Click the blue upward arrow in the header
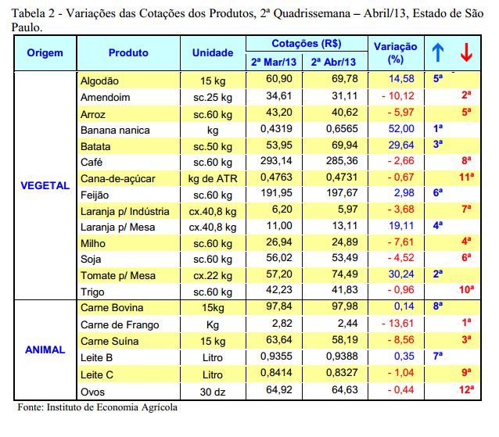coord(438,52)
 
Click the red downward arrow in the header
coord(466,52)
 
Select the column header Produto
coord(128,53)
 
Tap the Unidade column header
coord(213,53)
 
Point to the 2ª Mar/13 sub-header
coord(274,62)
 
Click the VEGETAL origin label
coord(45,185)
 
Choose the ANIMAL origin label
coord(45,349)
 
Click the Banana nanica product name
coord(115,130)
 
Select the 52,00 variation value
coord(401,128)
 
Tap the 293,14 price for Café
coord(276,160)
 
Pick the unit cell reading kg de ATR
coord(213,178)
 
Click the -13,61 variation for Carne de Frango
coord(398,323)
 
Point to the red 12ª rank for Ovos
coord(466,389)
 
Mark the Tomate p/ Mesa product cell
coord(118,275)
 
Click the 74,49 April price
coord(345,274)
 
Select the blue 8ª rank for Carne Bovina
coord(438,306)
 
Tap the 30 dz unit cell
coord(213,392)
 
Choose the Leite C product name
coord(97,374)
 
